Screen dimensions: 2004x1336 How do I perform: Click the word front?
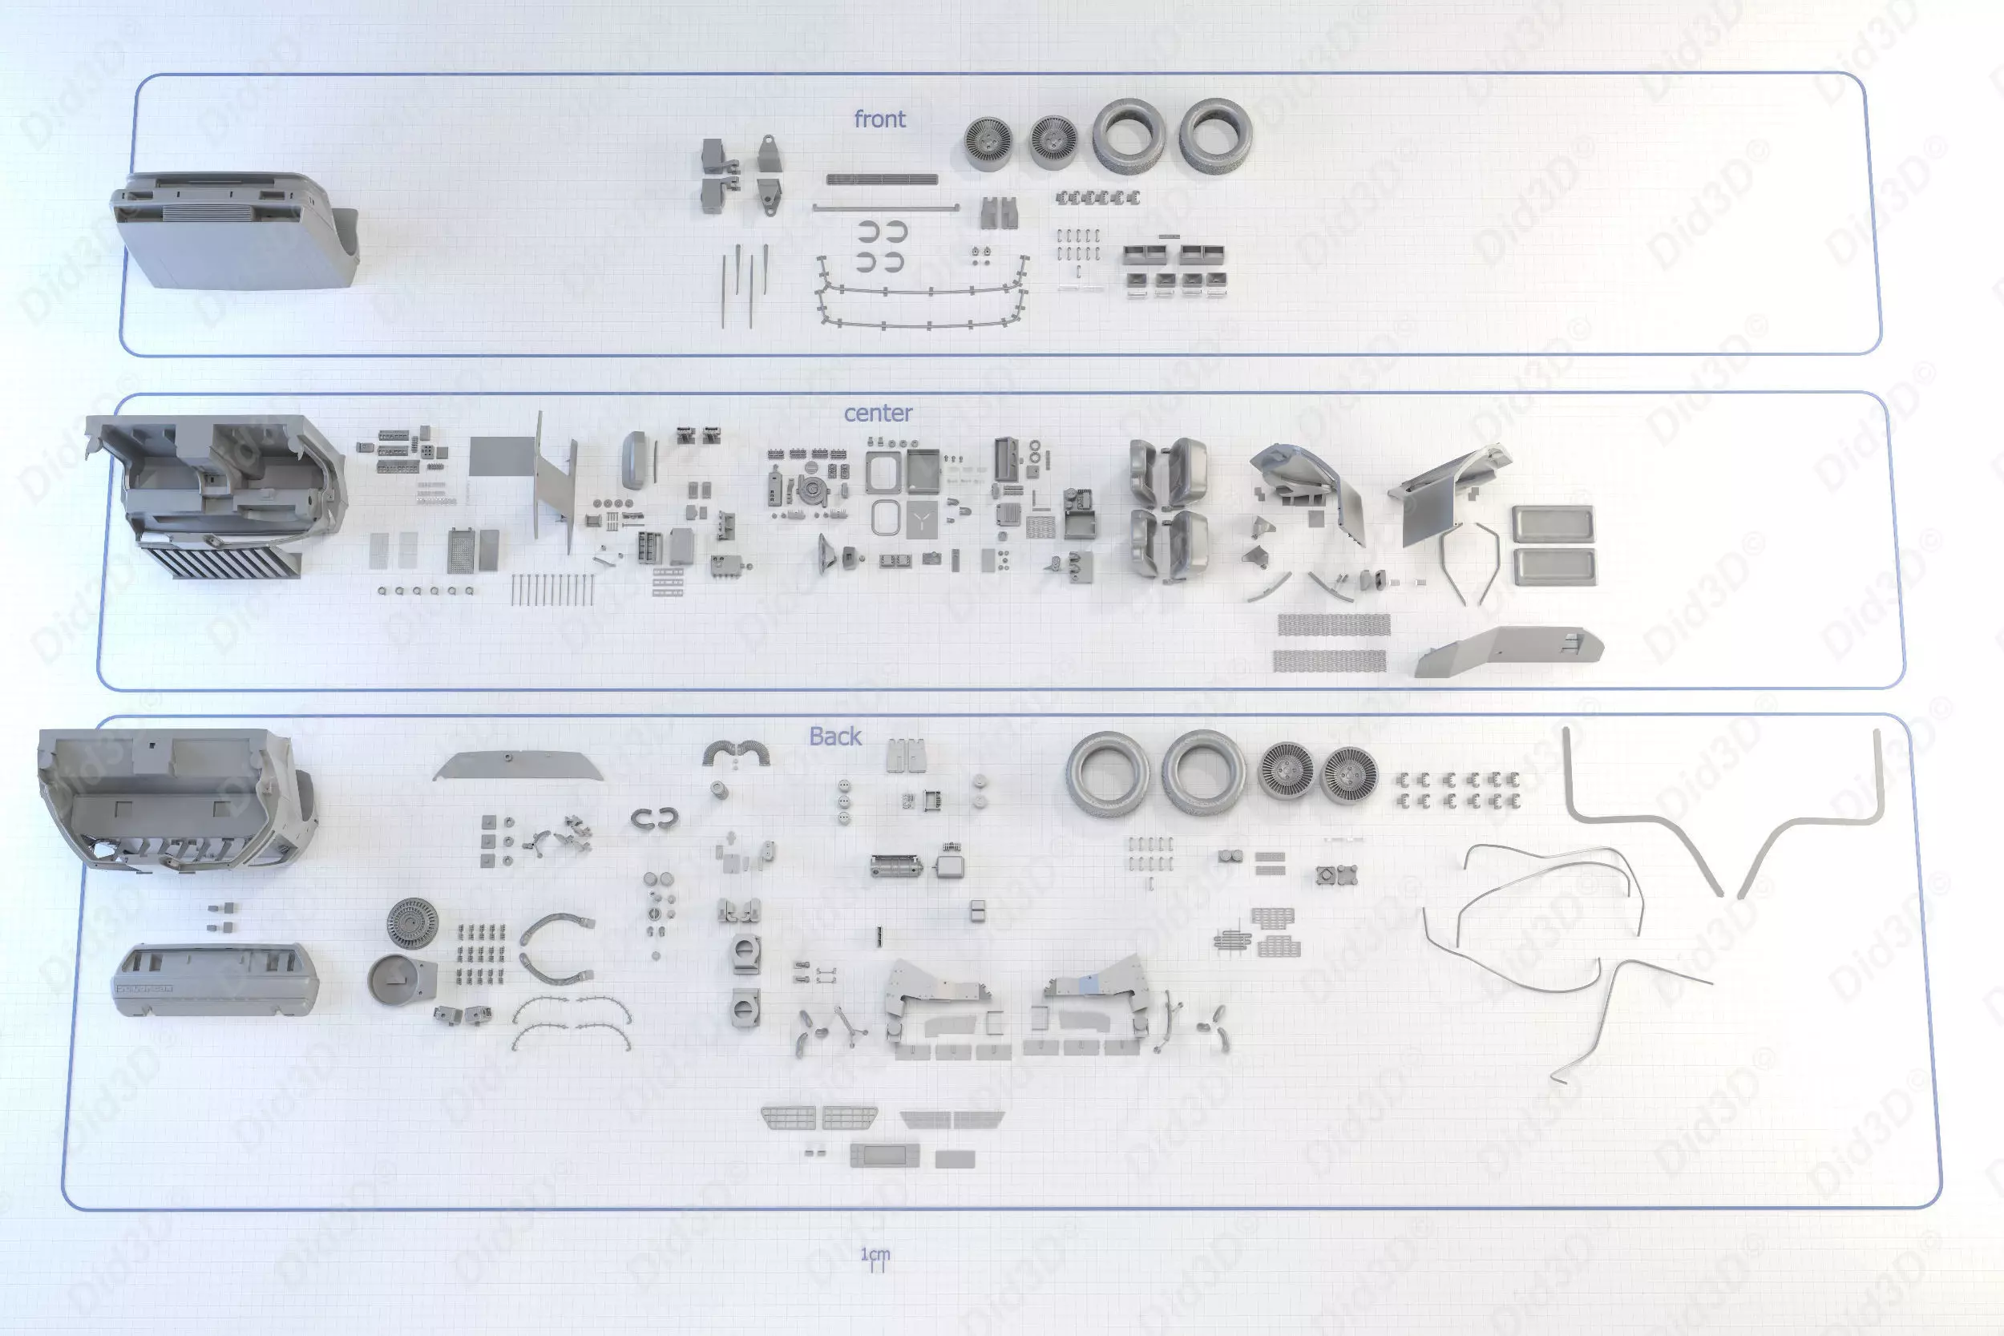(879, 119)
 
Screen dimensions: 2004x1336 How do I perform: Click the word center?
(878, 414)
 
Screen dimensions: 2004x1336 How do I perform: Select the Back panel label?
(835, 737)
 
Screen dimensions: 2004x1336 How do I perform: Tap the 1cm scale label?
(875, 1254)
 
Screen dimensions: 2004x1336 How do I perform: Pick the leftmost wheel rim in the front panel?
(988, 143)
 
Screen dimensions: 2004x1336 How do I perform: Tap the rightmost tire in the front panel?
(1216, 135)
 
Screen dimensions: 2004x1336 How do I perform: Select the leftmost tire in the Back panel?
(1107, 772)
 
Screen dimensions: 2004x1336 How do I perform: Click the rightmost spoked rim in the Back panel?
(1349, 775)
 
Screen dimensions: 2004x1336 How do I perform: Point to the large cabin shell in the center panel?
(217, 494)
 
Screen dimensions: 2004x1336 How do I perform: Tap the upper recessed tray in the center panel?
(1553, 524)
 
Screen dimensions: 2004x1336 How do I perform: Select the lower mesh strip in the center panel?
(1329, 660)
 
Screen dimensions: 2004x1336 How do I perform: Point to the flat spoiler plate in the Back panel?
(518, 765)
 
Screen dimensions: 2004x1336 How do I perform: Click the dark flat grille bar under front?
(882, 179)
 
